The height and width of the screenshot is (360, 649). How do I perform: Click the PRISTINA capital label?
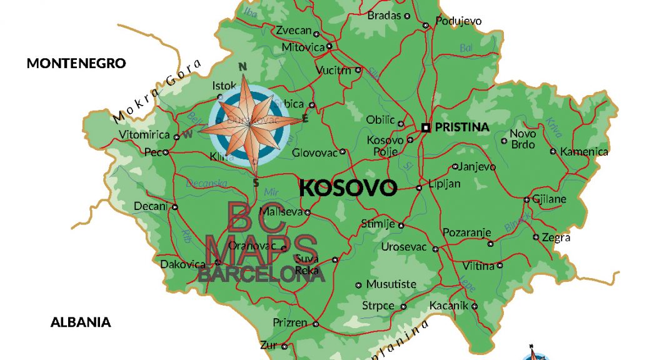click(461, 127)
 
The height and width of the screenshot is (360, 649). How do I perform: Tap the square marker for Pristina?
click(426, 127)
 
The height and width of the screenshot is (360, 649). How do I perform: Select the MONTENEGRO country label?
click(76, 63)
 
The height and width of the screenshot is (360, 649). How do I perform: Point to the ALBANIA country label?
click(81, 322)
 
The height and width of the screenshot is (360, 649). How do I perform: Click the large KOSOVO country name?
click(348, 187)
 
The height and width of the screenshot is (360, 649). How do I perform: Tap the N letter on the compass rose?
click(244, 67)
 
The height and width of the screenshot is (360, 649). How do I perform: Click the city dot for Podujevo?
click(425, 26)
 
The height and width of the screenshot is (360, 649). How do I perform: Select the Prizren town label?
click(290, 322)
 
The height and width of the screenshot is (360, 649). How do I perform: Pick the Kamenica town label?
click(584, 151)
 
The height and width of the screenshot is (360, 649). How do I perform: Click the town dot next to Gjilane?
click(527, 200)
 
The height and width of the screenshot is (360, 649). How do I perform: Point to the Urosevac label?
click(403, 247)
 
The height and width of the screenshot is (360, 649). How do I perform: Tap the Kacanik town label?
click(448, 306)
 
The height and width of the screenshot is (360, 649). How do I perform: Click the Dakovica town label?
click(183, 264)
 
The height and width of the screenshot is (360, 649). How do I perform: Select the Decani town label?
click(151, 206)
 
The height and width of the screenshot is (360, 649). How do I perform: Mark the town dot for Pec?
click(166, 151)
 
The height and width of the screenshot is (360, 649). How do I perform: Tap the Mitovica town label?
click(303, 47)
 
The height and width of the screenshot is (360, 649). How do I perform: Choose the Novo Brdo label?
click(523, 139)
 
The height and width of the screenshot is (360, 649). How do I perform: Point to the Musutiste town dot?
click(358, 285)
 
